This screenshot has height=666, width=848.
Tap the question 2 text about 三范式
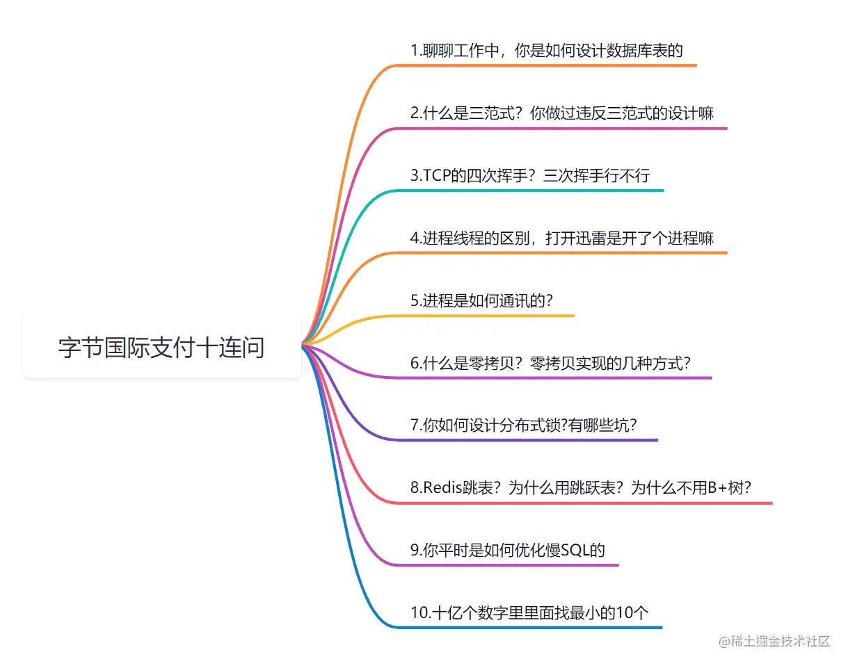coord(561,113)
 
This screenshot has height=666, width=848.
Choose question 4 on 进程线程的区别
coord(561,238)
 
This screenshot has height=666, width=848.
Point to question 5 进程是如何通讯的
coord(481,300)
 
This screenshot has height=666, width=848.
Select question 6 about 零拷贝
coord(550,362)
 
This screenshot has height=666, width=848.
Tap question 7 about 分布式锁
coord(523,425)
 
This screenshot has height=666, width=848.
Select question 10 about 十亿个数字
coord(529,612)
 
